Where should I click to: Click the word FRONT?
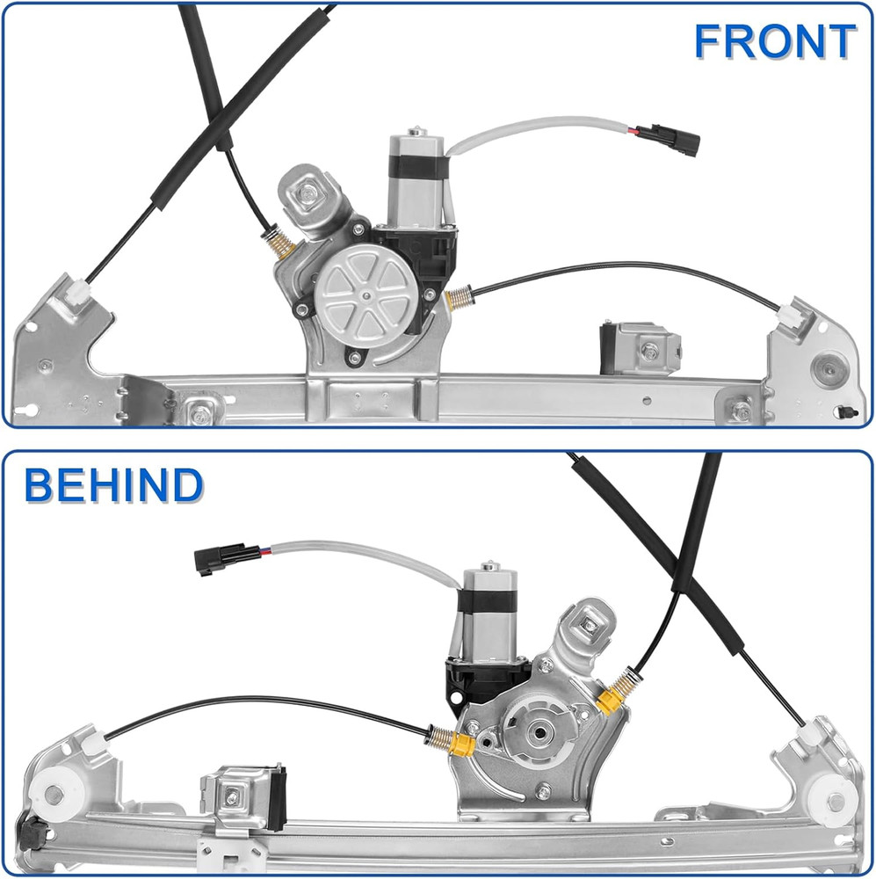[774, 41]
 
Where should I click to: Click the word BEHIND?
[114, 486]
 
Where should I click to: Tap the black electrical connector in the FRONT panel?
[669, 139]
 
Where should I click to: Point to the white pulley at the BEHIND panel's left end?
[52, 795]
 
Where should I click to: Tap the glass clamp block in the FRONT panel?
[639, 348]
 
